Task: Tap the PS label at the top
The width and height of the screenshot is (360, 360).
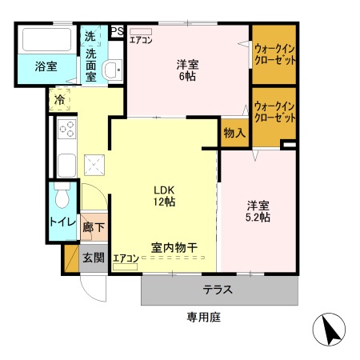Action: click(x=117, y=32)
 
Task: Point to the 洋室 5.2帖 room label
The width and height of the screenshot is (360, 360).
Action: click(x=258, y=211)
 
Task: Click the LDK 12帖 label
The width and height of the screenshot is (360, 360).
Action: click(x=165, y=196)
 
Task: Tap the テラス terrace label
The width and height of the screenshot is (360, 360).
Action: click(x=218, y=290)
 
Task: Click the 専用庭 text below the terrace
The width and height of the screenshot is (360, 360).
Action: click(x=203, y=317)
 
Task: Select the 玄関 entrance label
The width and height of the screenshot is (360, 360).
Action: click(x=94, y=258)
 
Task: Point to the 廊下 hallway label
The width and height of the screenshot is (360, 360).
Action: click(x=94, y=227)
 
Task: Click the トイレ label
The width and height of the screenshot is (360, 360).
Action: click(x=62, y=222)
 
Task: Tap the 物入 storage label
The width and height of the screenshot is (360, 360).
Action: click(x=234, y=133)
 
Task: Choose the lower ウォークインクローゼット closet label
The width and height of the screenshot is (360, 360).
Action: click(x=274, y=112)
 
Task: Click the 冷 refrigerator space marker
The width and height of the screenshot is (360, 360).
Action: click(x=60, y=100)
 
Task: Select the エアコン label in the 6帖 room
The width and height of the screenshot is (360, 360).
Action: click(x=142, y=40)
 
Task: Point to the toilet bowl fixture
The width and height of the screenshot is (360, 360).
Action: click(x=62, y=197)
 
